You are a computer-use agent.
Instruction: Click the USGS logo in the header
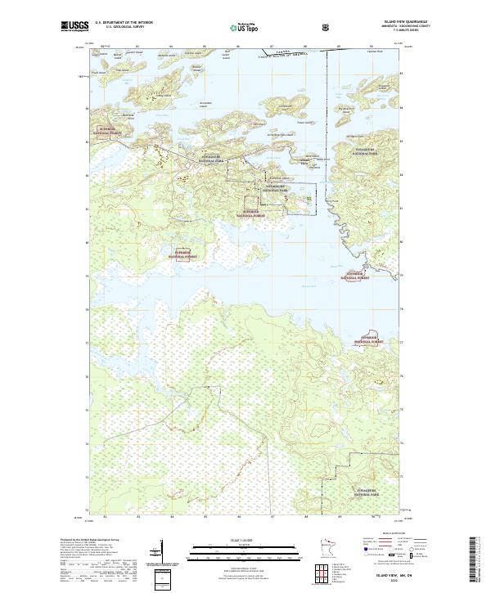(x=74, y=27)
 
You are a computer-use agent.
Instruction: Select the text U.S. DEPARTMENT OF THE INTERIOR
(x=124, y=22)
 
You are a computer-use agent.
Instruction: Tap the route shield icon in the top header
(x=328, y=27)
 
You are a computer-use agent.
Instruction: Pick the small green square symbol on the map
(x=309, y=198)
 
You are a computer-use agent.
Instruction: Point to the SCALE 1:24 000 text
(x=235, y=538)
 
